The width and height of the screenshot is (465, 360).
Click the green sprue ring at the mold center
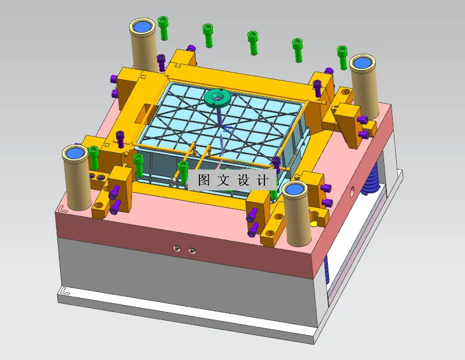coord(217,97)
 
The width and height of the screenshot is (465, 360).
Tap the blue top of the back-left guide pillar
coord(142,26)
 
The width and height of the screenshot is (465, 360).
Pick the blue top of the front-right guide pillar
coord(296,189)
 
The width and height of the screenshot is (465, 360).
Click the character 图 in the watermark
coord(204,180)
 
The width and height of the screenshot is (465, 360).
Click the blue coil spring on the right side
coord(371,177)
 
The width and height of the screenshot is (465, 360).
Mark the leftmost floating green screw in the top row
coord(164,27)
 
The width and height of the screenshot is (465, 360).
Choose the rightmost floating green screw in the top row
coord(343,57)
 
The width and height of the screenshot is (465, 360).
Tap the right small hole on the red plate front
coord(191,251)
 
